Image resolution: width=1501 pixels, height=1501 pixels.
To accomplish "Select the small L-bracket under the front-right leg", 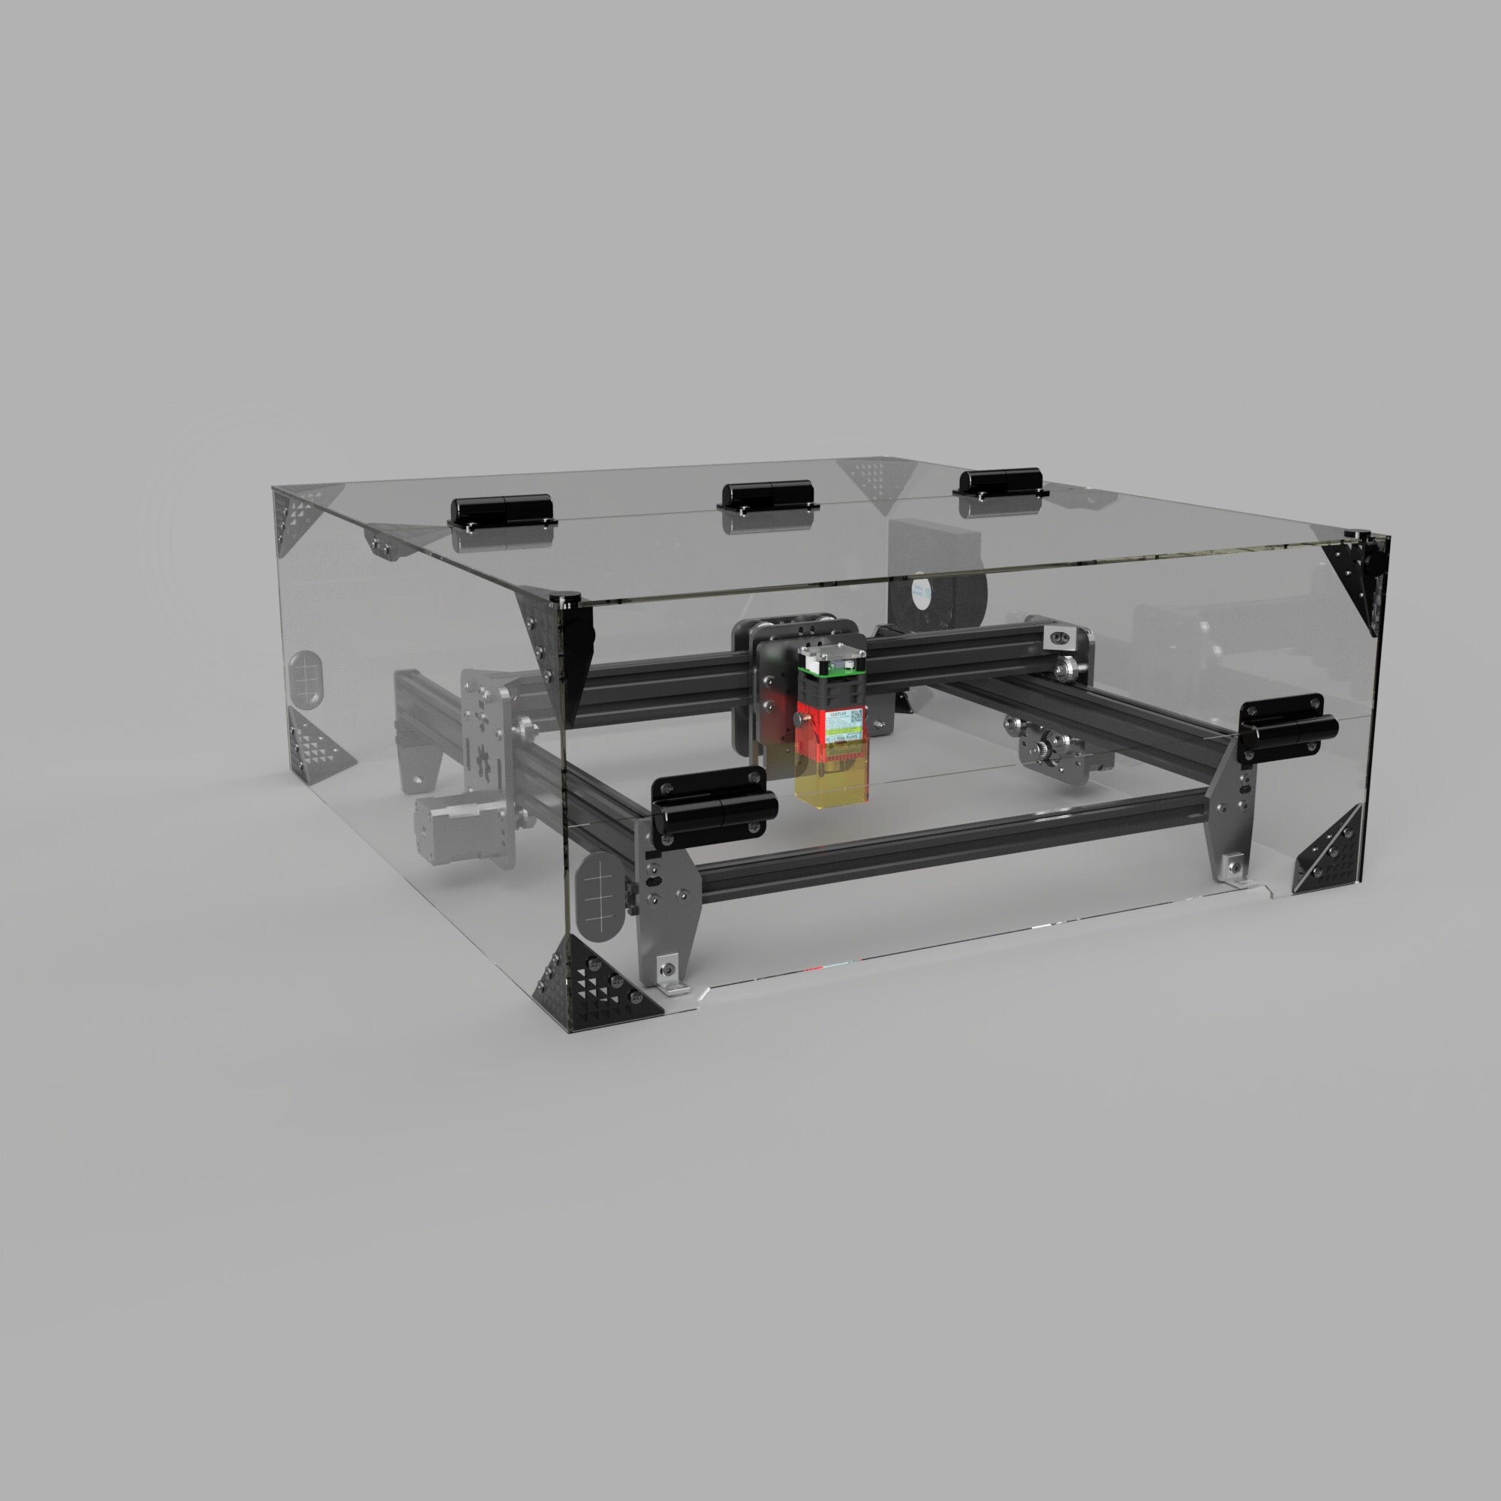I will pyautogui.click(x=1235, y=869).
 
